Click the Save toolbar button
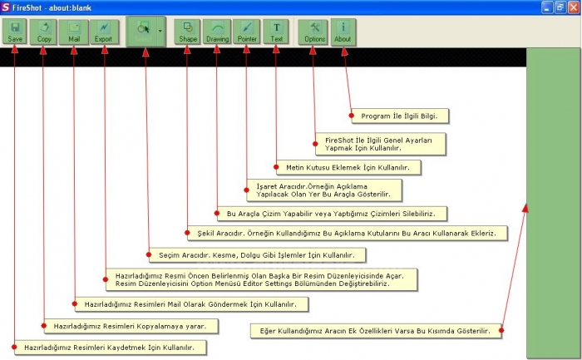(x=15, y=32)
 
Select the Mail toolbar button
(x=74, y=32)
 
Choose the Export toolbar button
(x=104, y=32)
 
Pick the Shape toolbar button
(x=188, y=32)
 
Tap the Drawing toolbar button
(x=217, y=32)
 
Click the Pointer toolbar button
(x=247, y=32)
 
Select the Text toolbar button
(x=276, y=32)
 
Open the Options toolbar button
(x=314, y=32)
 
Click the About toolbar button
(x=343, y=32)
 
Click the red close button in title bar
(x=573, y=7)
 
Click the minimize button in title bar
(x=547, y=7)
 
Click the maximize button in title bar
(x=560, y=7)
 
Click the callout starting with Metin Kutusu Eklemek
(x=349, y=167)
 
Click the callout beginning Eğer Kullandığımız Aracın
(x=379, y=330)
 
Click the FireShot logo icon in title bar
(x=7, y=7)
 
